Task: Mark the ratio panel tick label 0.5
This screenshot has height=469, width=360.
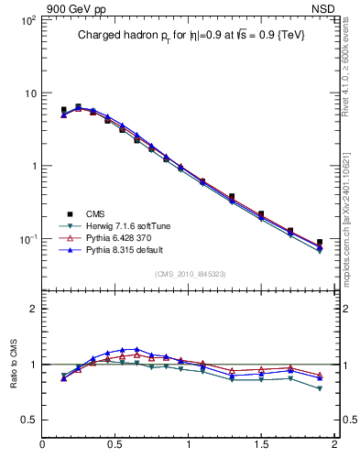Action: pyautogui.click(x=28, y=420)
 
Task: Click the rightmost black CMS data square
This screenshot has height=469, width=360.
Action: pyautogui.click(x=320, y=243)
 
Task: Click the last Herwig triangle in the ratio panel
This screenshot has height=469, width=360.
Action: pyautogui.click(x=320, y=388)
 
